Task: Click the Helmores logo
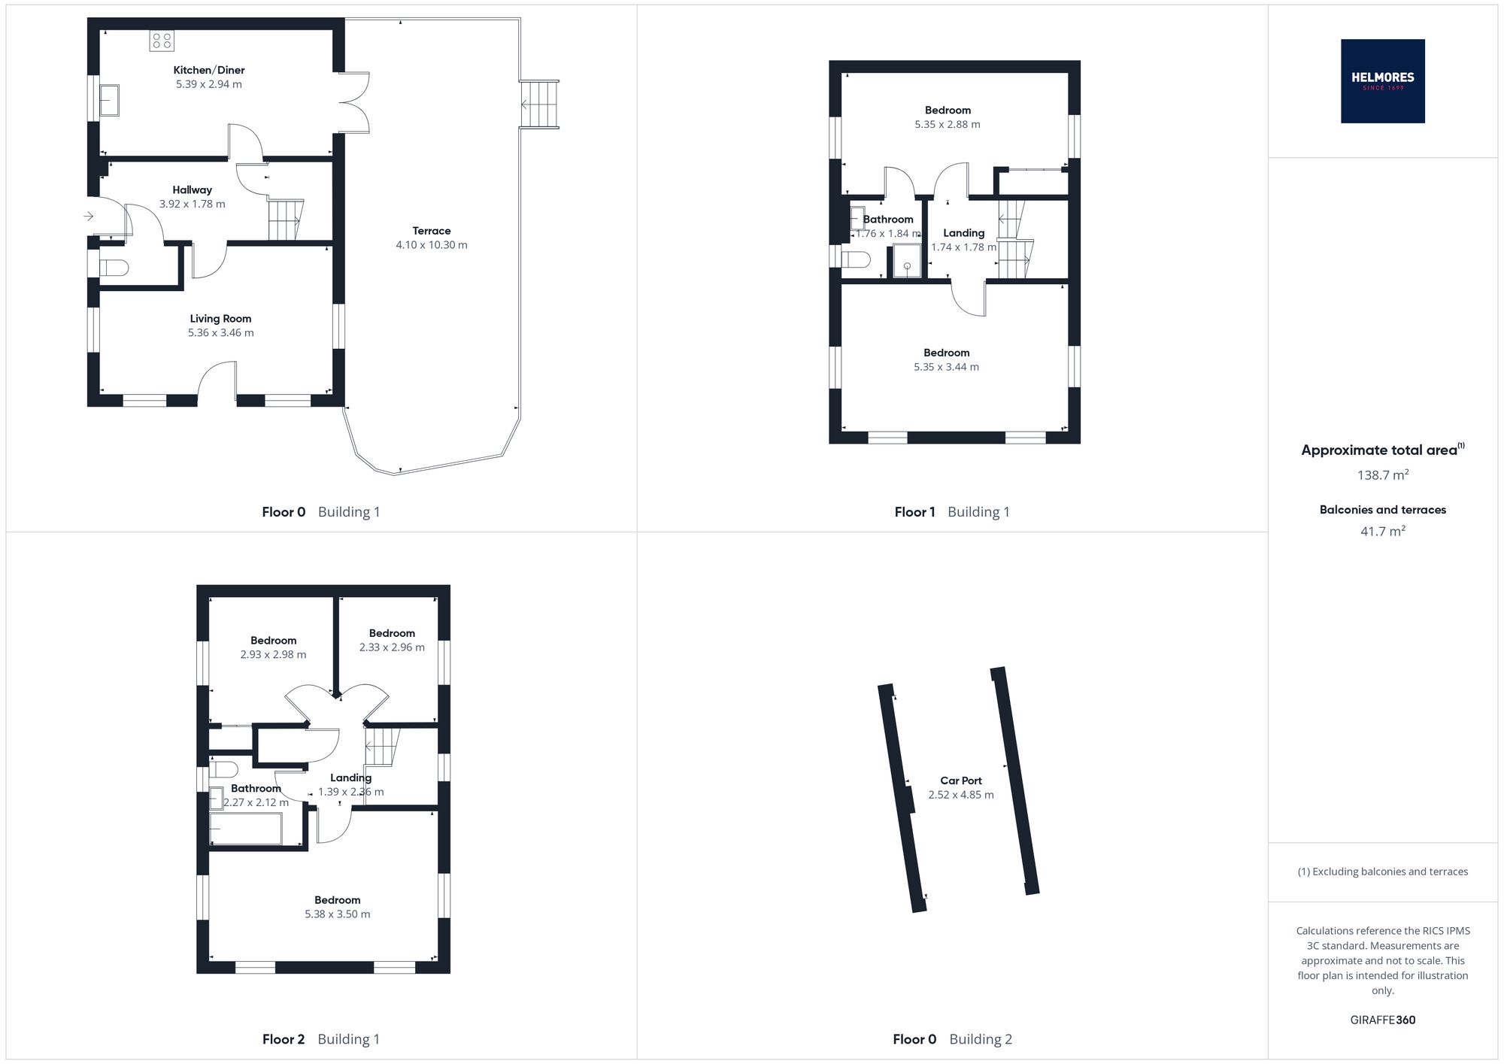pyautogui.click(x=1382, y=81)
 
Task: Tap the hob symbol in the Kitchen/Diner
pyautogui.click(x=162, y=41)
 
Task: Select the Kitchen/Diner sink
pyautogui.click(x=110, y=101)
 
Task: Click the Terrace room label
pyautogui.click(x=432, y=231)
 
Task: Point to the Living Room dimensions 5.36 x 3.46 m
pyautogui.click(x=221, y=332)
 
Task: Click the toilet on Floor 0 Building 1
pyautogui.click(x=114, y=268)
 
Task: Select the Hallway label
pyautogui.click(x=193, y=189)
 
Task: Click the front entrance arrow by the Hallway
pyautogui.click(x=88, y=217)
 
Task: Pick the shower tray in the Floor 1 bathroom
pyautogui.click(x=907, y=261)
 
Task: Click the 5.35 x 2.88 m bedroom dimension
pyautogui.click(x=948, y=124)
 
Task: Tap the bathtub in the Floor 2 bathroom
pyautogui.click(x=246, y=829)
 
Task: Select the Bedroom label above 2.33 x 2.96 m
pyautogui.click(x=392, y=633)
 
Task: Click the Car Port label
pyautogui.click(x=961, y=781)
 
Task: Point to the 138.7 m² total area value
pyautogui.click(x=1383, y=474)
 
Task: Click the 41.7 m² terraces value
pyautogui.click(x=1383, y=531)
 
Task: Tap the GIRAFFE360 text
pyautogui.click(x=1383, y=1020)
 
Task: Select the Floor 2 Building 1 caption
pyautogui.click(x=321, y=1039)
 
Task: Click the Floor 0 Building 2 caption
pyautogui.click(x=953, y=1039)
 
